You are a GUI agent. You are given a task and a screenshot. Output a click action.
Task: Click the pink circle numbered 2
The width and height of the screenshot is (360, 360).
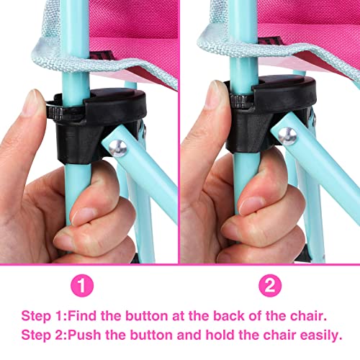[x=269, y=286]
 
